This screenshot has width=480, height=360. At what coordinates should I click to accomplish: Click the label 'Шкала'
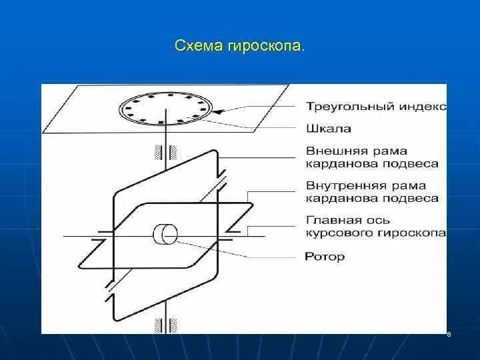click(x=329, y=129)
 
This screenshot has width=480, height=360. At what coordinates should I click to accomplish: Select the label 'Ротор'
click(x=325, y=256)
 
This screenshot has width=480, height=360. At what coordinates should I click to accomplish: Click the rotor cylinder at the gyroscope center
click(x=165, y=235)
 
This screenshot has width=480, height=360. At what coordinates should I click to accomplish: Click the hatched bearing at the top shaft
click(x=165, y=151)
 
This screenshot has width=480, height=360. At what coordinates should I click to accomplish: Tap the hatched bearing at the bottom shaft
click(x=165, y=325)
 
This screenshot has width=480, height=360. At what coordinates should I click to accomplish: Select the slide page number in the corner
click(x=449, y=334)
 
